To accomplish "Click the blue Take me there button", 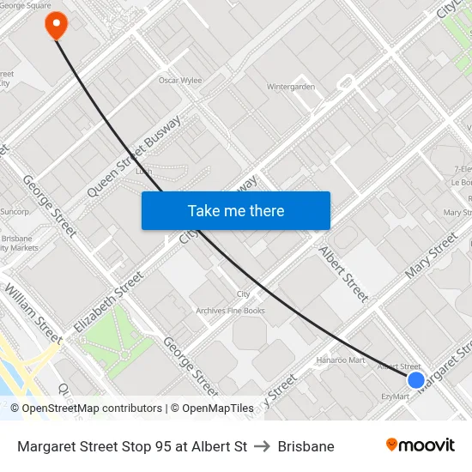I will click(x=236, y=210).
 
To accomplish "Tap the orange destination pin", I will click(x=57, y=25).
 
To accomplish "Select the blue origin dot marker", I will click(x=416, y=379).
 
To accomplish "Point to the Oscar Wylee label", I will click(x=180, y=81).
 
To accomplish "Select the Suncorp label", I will click(x=15, y=210).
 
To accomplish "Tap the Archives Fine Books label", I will click(x=230, y=311).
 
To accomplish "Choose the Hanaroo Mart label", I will click(x=341, y=360).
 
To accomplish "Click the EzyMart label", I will click(x=395, y=396).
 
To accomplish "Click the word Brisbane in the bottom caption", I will click(x=306, y=446).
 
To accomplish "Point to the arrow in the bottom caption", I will click(x=262, y=446).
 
